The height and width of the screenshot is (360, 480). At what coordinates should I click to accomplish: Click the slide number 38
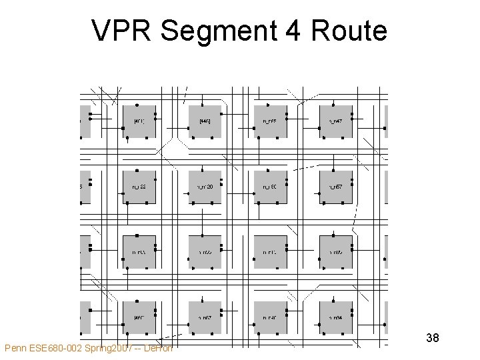(x=432, y=338)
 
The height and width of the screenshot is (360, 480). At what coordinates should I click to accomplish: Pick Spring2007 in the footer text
(x=111, y=348)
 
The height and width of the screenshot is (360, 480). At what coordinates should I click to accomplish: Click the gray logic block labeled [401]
(x=139, y=121)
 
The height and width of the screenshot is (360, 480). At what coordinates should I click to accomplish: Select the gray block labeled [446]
(x=205, y=121)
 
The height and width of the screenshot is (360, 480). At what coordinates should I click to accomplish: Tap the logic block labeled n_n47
(x=335, y=121)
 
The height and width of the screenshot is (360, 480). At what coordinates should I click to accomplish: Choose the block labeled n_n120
(x=205, y=187)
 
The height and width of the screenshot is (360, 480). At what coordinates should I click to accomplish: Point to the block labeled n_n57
(x=335, y=187)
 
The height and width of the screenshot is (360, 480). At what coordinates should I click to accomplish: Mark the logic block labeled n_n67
(x=205, y=318)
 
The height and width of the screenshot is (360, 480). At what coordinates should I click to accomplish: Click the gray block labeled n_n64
(x=335, y=318)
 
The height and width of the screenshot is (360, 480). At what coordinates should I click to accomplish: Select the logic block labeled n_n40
(x=270, y=318)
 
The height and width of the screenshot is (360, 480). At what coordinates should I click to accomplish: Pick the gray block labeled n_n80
(x=270, y=187)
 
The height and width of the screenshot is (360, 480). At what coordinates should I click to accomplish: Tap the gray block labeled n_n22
(x=139, y=187)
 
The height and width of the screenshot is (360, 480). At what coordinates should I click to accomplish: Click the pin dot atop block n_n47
(x=333, y=105)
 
